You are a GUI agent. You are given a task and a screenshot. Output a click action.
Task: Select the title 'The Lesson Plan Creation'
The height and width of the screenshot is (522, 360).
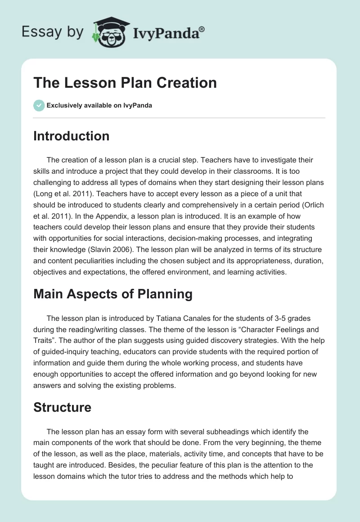(x=125, y=83)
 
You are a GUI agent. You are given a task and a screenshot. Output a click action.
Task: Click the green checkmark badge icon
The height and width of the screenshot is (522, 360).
(x=39, y=105)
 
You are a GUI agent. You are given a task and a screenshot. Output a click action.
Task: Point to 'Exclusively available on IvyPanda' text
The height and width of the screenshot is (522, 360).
(x=99, y=106)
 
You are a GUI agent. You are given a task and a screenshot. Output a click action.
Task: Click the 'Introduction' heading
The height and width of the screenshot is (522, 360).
(x=71, y=136)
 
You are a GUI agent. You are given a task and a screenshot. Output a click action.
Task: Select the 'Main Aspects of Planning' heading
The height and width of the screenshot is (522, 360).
(x=112, y=294)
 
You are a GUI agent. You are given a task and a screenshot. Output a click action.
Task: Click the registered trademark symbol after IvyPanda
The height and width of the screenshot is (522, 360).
(x=202, y=29)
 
